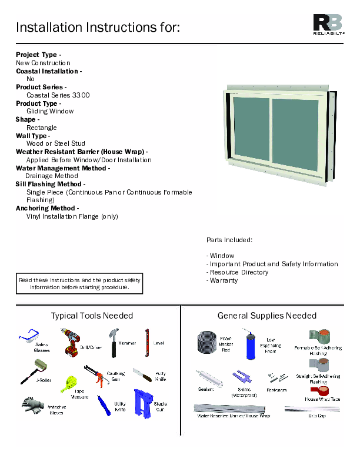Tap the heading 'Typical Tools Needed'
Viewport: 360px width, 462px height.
coord(92,316)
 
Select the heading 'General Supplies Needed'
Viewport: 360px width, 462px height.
coord(267,316)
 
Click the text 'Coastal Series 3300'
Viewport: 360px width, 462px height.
coord(58,95)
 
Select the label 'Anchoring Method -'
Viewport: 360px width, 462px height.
coord(47,208)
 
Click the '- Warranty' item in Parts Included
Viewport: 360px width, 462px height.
coord(222,280)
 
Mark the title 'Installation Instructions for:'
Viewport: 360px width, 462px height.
coord(98,27)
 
